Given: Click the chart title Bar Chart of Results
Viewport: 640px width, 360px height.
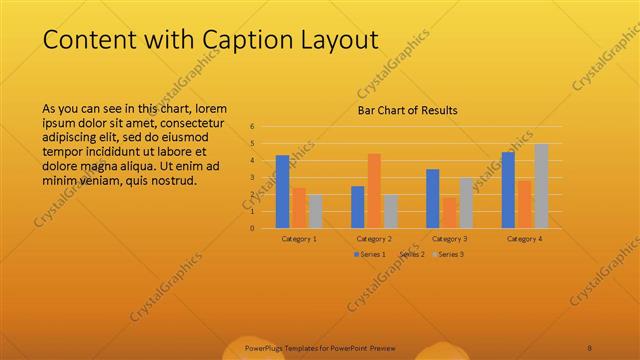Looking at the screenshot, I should pyautogui.click(x=408, y=110).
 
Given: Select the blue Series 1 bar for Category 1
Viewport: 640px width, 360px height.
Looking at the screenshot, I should pyautogui.click(x=283, y=191).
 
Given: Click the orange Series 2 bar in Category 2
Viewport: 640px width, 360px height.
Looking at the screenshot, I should pyautogui.click(x=374, y=190).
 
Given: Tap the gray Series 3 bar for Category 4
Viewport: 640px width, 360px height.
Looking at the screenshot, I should pyautogui.click(x=541, y=185).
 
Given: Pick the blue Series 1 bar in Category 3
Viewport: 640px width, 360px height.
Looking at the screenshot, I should pyautogui.click(x=433, y=198).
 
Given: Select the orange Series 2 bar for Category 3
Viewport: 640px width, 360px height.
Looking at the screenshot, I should pyautogui.click(x=449, y=212).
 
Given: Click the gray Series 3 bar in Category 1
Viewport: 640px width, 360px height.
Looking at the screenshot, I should pyautogui.click(x=316, y=211).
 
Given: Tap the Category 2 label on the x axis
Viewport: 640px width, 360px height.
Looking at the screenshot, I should pyautogui.click(x=374, y=239).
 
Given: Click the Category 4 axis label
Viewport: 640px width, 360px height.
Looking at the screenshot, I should pyautogui.click(x=524, y=239).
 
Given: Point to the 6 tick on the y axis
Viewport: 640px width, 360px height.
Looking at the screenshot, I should pyautogui.click(x=252, y=127).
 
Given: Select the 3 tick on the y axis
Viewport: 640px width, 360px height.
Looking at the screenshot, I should pyautogui.click(x=252, y=177).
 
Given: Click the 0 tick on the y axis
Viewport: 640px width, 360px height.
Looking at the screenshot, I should pyautogui.click(x=252, y=227).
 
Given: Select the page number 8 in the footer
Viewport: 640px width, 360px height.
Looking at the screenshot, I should pyautogui.click(x=590, y=348).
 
